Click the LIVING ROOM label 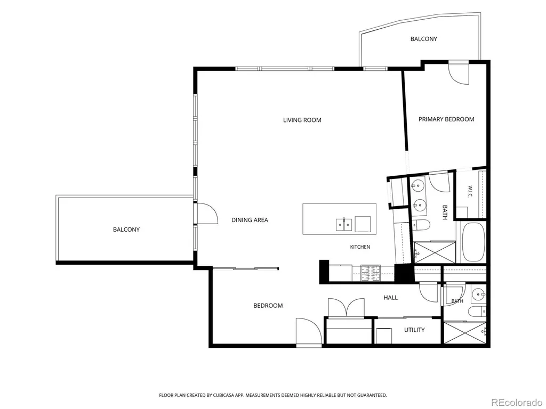tap(302, 120)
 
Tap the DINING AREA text tap(250, 220)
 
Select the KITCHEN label tap(360, 247)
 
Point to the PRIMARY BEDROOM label tap(446, 119)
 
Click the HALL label tap(391, 297)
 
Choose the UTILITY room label tap(414, 330)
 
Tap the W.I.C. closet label tap(470, 192)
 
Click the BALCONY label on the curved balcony tap(423, 39)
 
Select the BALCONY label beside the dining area tap(126, 230)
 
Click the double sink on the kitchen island tap(344, 225)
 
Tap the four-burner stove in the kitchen tap(371, 273)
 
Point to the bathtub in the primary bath tap(472, 242)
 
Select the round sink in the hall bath tap(478, 295)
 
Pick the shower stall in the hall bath tap(465, 333)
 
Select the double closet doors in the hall tap(346, 307)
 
